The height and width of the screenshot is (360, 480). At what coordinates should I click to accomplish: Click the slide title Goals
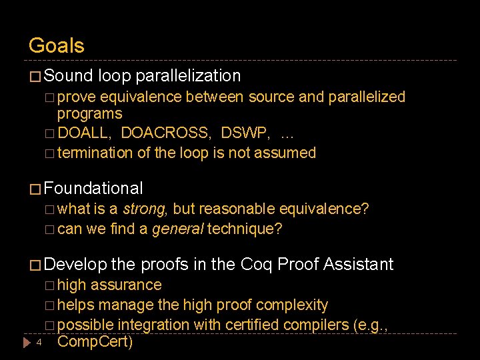point(57,46)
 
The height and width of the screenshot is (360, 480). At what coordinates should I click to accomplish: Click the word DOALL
point(85,133)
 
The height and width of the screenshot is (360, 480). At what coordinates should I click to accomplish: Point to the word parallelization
point(187,76)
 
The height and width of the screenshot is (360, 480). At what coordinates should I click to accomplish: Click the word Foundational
point(93,189)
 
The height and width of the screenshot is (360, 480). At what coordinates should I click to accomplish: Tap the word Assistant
point(359,265)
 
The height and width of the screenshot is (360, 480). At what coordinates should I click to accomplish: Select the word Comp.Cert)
point(95,343)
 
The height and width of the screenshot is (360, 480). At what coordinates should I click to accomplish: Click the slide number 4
point(39,343)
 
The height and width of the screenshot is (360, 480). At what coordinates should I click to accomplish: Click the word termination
point(95,153)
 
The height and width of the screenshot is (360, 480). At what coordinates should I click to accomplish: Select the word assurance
point(125,285)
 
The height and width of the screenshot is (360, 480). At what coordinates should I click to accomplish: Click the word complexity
point(293,305)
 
